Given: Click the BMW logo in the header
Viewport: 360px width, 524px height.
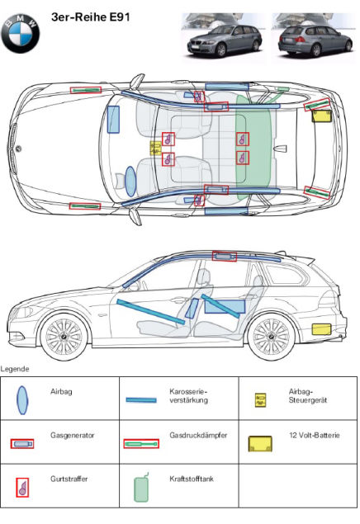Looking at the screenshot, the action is click(x=20, y=33).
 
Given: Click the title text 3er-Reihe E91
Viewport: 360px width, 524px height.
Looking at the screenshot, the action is click(x=90, y=17).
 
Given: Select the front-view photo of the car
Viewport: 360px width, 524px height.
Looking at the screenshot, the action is click(x=223, y=38).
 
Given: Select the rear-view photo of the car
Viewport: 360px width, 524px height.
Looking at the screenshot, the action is click(x=314, y=38).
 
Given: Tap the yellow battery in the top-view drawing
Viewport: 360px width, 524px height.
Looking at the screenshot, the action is click(x=321, y=116).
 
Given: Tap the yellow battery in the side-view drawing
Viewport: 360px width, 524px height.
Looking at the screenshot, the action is click(x=321, y=329).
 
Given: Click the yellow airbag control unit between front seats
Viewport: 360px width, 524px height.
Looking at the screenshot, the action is click(x=155, y=148).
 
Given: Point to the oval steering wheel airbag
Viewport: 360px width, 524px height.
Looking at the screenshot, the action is click(x=130, y=182).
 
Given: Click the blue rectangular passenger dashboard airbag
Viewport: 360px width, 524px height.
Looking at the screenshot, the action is click(x=113, y=120).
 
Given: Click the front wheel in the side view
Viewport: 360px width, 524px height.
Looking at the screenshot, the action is click(x=64, y=336).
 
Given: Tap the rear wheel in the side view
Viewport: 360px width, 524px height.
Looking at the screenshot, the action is click(x=271, y=336).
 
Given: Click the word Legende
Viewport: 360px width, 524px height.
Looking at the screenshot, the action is click(x=15, y=369).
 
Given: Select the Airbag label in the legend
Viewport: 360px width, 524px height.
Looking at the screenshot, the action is click(x=61, y=392).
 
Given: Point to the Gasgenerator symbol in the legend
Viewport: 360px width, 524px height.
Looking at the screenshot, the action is click(x=22, y=444).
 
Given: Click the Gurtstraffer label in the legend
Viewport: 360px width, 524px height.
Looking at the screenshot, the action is click(x=69, y=479).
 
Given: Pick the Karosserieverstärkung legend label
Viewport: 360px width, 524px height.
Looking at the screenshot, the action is click(x=188, y=395).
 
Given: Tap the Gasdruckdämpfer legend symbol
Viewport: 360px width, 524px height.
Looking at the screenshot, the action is click(x=141, y=443).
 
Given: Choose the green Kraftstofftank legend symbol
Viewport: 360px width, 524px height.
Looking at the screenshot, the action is click(x=141, y=488).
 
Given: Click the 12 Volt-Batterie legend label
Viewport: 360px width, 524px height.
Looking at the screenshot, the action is click(x=315, y=435).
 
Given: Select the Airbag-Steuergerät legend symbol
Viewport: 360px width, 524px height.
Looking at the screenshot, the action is click(x=260, y=399).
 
